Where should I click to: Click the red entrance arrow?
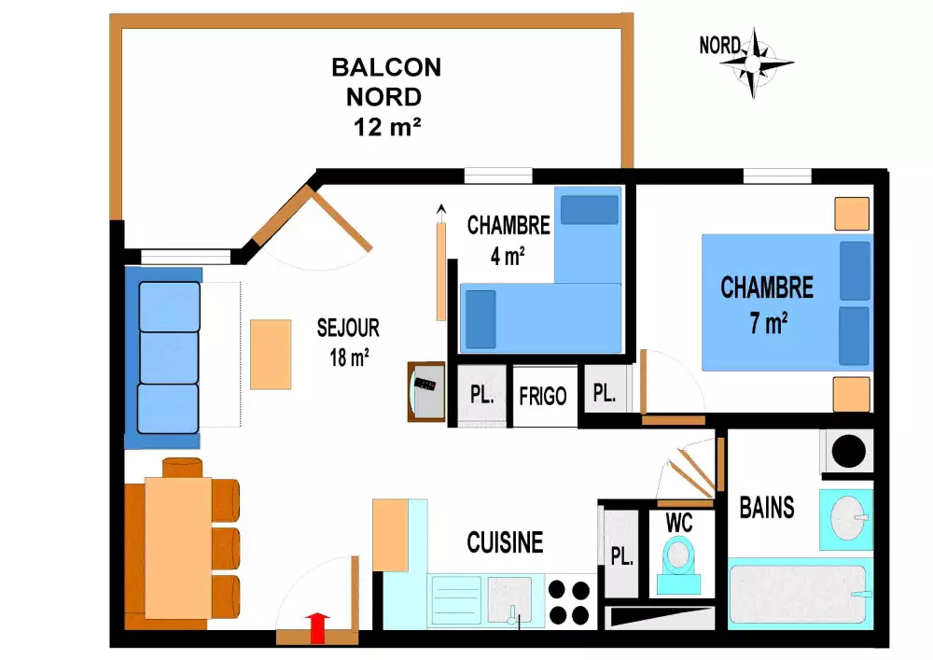(x=318, y=628)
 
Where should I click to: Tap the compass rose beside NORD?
(x=754, y=63)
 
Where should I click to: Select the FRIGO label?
(x=543, y=397)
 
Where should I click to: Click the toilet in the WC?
(x=679, y=564)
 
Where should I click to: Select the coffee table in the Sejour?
(x=271, y=355)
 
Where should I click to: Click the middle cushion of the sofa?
(x=169, y=358)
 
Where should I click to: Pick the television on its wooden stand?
(x=426, y=391)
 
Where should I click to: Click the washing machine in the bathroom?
(x=848, y=451)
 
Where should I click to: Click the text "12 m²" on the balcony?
(x=387, y=127)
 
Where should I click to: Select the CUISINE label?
(x=505, y=542)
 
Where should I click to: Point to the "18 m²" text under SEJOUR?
(x=349, y=358)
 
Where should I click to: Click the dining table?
(x=178, y=548)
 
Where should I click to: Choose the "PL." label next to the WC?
(x=621, y=556)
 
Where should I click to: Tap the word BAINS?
(x=767, y=508)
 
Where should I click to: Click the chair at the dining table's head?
(x=182, y=467)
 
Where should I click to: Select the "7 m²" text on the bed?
(x=769, y=324)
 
